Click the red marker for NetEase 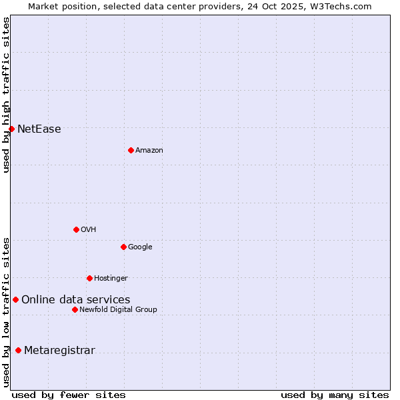pyautogui.click(x=11, y=129)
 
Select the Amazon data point pyautogui.click(x=131, y=150)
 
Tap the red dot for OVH pyautogui.click(x=76, y=229)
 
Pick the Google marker pyautogui.click(x=123, y=247)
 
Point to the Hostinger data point pyautogui.click(x=89, y=278)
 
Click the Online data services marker pyautogui.click(x=15, y=299)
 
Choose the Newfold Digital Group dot pyautogui.click(x=75, y=309)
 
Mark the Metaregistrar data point pyautogui.click(x=18, y=350)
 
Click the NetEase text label pyautogui.click(x=39, y=129)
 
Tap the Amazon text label pyautogui.click(x=149, y=151)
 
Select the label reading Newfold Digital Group pyautogui.click(x=118, y=309)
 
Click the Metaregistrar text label pyautogui.click(x=59, y=351)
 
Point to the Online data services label pyautogui.click(x=75, y=300)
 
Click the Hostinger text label pyautogui.click(x=111, y=278)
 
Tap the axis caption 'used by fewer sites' pyautogui.click(x=69, y=395)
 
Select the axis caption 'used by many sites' pyautogui.click(x=335, y=395)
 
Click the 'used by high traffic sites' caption pyautogui.click(x=6, y=95)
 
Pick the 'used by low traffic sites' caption pyautogui.click(x=6, y=312)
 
